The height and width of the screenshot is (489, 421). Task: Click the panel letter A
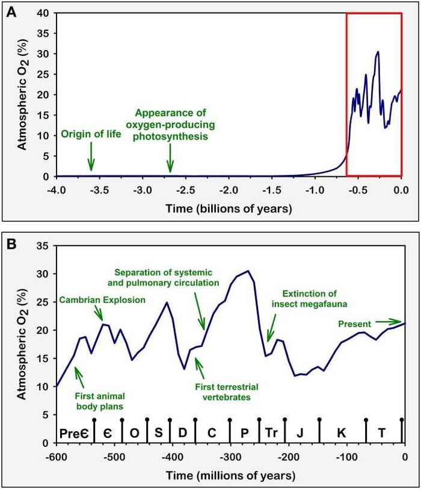[10, 10]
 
